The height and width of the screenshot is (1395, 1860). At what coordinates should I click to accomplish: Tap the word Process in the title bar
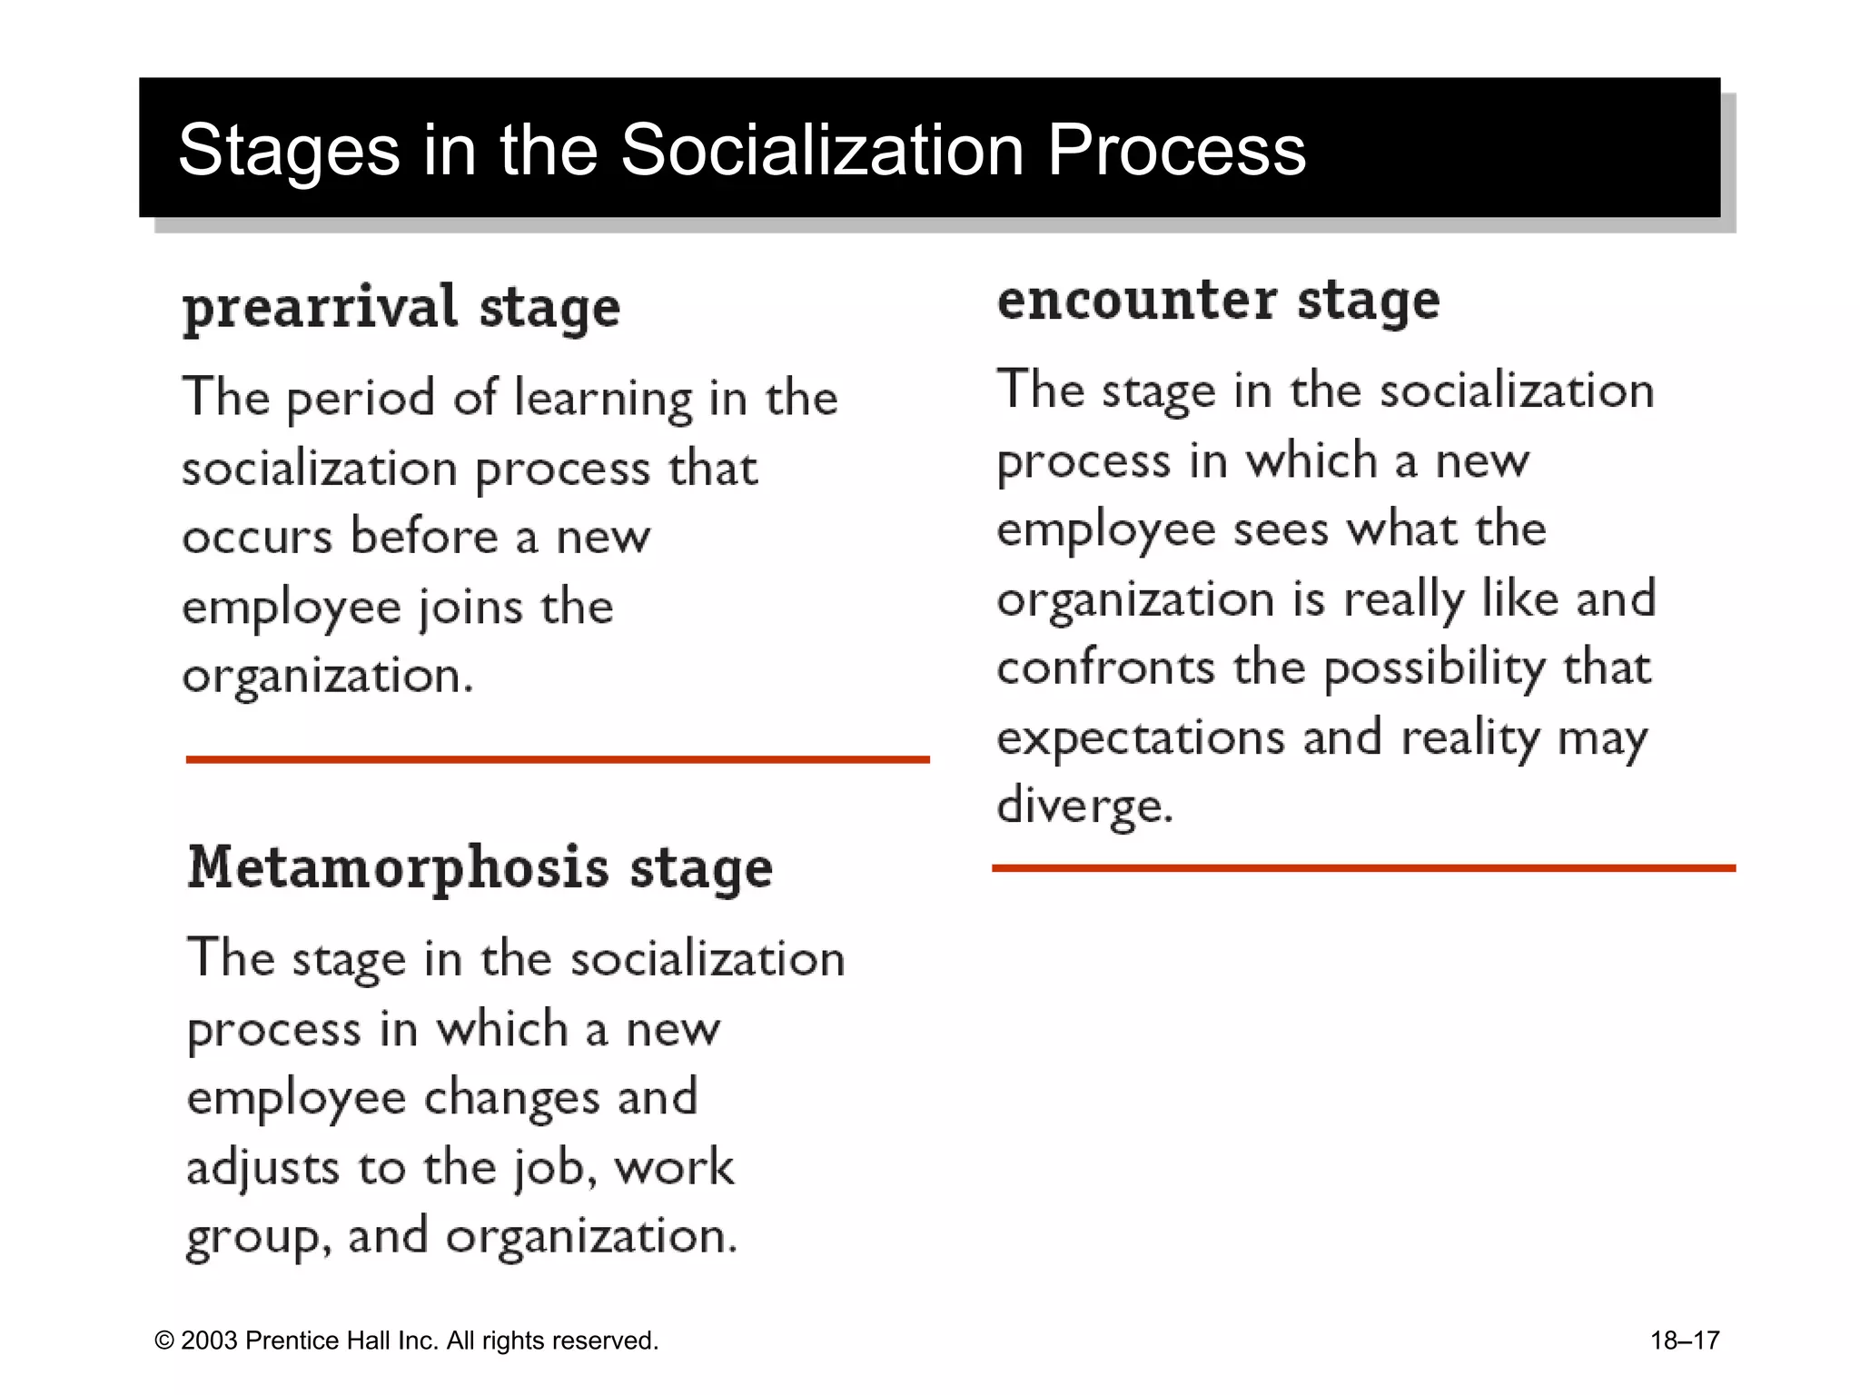(1176, 150)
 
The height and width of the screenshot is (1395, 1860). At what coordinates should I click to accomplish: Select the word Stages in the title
(289, 152)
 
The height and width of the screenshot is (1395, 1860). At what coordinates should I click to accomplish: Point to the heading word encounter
(1137, 301)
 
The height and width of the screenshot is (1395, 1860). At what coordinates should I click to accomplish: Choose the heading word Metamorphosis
(398, 868)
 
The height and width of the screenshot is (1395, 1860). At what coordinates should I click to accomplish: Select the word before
(424, 537)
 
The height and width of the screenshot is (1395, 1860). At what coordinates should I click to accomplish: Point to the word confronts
(1105, 668)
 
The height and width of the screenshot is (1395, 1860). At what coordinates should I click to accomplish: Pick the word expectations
(1141, 737)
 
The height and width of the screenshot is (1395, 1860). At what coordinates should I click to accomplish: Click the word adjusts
(262, 1168)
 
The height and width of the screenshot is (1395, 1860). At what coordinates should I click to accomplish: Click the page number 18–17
(1685, 1341)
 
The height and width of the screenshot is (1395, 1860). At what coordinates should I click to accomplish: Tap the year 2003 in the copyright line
(209, 1341)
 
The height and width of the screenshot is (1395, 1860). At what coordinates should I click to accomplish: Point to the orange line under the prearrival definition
(558, 759)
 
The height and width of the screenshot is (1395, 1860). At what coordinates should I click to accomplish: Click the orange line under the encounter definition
(1363, 868)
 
